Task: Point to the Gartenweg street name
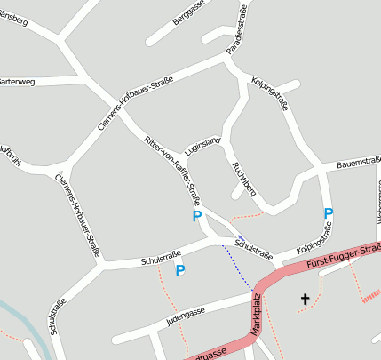pyautogui.click(x=17, y=81)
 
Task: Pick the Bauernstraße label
pyautogui.click(x=359, y=164)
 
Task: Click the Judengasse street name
pyautogui.click(x=184, y=313)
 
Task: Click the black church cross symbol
pyautogui.click(x=306, y=300)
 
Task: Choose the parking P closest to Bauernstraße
pyautogui.click(x=329, y=213)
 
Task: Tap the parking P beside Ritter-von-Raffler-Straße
pyautogui.click(x=197, y=216)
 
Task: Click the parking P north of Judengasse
pyautogui.click(x=179, y=270)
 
